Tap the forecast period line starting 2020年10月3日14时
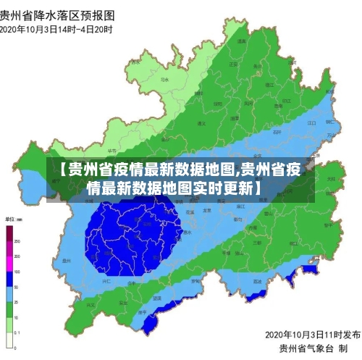tap(57, 30)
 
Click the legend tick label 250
tap(17, 240)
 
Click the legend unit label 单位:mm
tap(15, 218)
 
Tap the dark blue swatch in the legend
tap(9, 279)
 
